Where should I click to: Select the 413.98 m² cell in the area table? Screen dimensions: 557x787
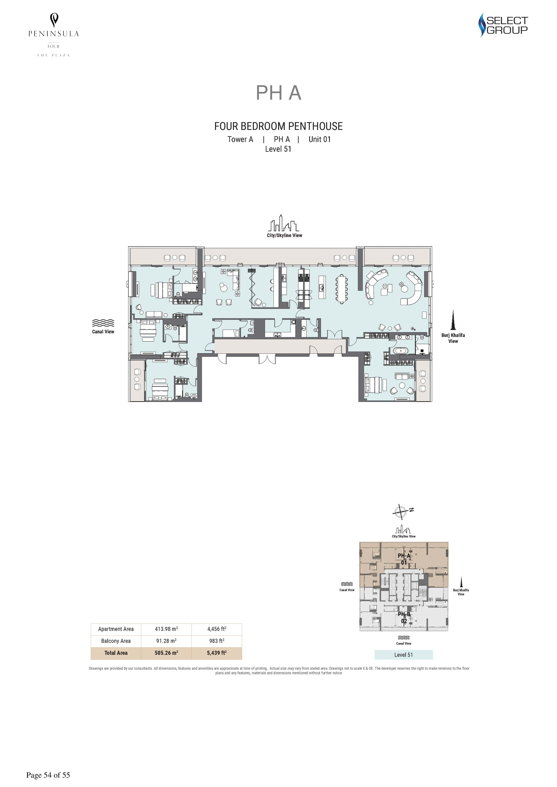point(166,629)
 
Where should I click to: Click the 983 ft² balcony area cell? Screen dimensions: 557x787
point(217,641)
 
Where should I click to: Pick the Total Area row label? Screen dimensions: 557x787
point(116,653)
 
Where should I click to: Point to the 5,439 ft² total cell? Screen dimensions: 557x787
point(217,653)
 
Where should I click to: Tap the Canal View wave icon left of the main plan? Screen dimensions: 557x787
point(103,323)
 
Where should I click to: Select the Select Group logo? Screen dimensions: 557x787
point(503,25)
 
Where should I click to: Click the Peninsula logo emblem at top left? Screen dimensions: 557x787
point(54,20)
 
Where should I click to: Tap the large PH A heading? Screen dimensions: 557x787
point(279,93)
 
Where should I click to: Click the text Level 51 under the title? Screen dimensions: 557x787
point(278,149)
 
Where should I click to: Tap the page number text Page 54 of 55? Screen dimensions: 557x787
point(48,775)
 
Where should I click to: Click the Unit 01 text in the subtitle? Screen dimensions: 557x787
point(320,139)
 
